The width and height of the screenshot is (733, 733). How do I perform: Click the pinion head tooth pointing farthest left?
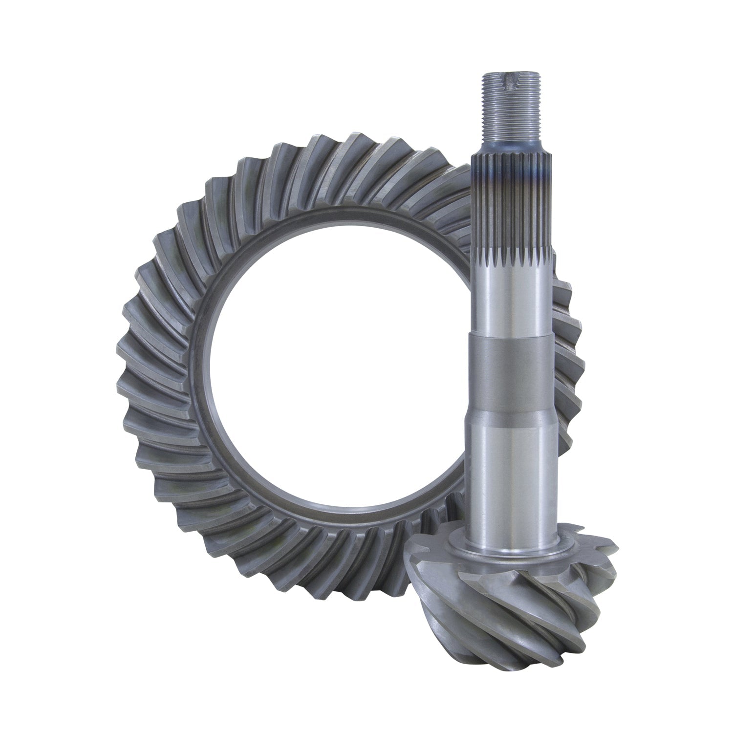(x=415, y=552)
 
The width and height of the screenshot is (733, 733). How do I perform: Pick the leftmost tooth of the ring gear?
(x=129, y=352)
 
